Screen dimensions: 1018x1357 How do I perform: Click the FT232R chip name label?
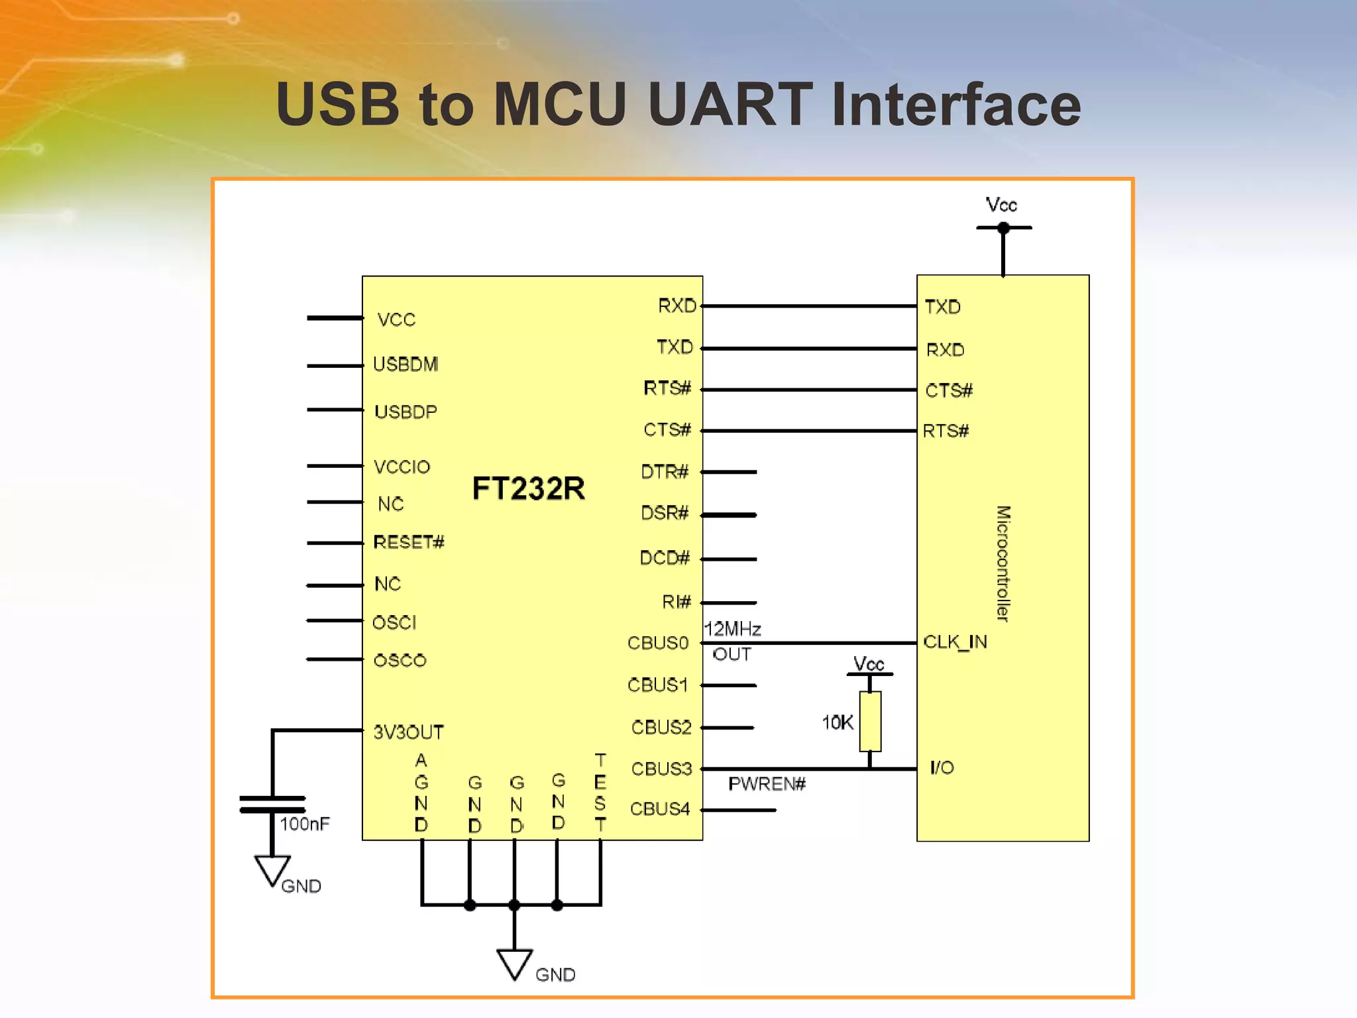point(528,488)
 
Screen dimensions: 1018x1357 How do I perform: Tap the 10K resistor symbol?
point(870,721)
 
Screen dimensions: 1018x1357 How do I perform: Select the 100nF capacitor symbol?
point(272,804)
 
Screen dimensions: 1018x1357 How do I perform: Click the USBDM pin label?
point(406,365)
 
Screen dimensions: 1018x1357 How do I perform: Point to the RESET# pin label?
point(408,543)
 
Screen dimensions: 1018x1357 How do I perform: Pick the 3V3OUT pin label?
point(408,732)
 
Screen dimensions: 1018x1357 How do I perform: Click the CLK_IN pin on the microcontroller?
point(955,642)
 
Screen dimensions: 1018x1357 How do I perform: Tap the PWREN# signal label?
point(767,784)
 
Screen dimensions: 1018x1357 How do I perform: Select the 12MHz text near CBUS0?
point(733,629)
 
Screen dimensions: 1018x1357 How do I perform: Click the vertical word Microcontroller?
point(1003,563)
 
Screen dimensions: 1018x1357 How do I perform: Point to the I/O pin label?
point(942,767)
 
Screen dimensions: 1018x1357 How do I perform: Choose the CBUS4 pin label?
point(660,809)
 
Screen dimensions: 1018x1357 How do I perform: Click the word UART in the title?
point(730,104)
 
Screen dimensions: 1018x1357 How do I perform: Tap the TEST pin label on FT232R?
point(600,792)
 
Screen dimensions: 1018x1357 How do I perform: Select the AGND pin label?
point(421,793)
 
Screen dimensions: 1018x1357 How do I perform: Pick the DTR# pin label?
point(665,472)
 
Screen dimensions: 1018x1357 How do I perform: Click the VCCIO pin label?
point(402,467)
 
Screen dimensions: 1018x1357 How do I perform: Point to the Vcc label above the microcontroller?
point(1001,205)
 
